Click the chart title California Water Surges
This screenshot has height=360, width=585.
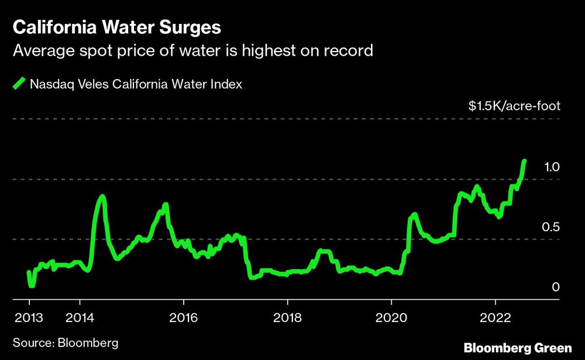[x=118, y=28]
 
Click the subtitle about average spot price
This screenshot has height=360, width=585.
[x=193, y=52]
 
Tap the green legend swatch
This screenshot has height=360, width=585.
[x=19, y=84]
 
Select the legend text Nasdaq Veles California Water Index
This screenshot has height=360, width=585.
[x=136, y=84]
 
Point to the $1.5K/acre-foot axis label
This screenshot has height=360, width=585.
[x=514, y=106]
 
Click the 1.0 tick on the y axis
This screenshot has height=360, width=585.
[x=552, y=167]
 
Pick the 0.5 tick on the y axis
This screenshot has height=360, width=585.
[x=552, y=227]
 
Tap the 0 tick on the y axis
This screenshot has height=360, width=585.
[x=556, y=287]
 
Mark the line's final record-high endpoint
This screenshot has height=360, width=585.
[x=524, y=161]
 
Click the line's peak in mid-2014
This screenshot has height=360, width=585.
[x=103, y=197]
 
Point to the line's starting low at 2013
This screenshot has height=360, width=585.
[x=31, y=285]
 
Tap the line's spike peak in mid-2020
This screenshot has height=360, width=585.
[x=414, y=214]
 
